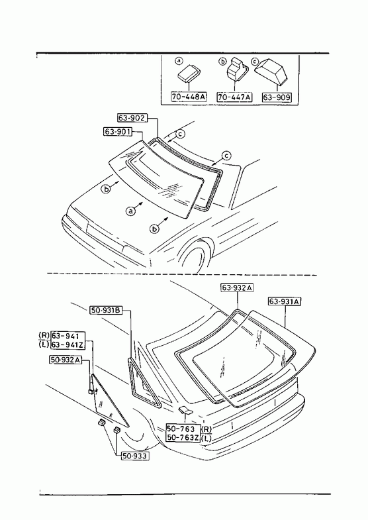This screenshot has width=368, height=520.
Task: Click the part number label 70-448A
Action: [x=189, y=97]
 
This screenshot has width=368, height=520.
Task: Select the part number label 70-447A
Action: [x=234, y=97]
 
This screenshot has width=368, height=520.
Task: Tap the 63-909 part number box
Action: [x=277, y=97]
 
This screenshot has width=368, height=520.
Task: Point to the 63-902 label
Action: [x=132, y=118]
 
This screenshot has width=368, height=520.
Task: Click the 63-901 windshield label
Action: [x=118, y=132]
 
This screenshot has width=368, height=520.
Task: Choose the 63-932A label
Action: [x=237, y=287]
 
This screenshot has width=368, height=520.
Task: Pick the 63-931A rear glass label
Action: [x=285, y=301]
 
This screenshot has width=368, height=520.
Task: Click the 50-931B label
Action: [x=106, y=311]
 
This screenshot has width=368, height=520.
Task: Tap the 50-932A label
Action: [x=66, y=360]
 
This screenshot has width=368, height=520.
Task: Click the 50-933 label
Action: [x=134, y=456]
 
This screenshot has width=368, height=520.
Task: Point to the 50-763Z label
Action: [x=183, y=438]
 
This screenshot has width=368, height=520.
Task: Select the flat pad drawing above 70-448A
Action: [x=189, y=73]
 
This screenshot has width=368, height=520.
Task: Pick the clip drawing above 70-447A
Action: [x=236, y=70]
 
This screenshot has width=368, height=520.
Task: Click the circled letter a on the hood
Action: [x=131, y=211]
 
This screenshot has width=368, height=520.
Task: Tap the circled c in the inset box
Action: [x=255, y=62]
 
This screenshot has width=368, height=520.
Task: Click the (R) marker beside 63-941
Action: [x=44, y=336]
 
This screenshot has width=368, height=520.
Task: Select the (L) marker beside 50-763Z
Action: [x=206, y=438]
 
